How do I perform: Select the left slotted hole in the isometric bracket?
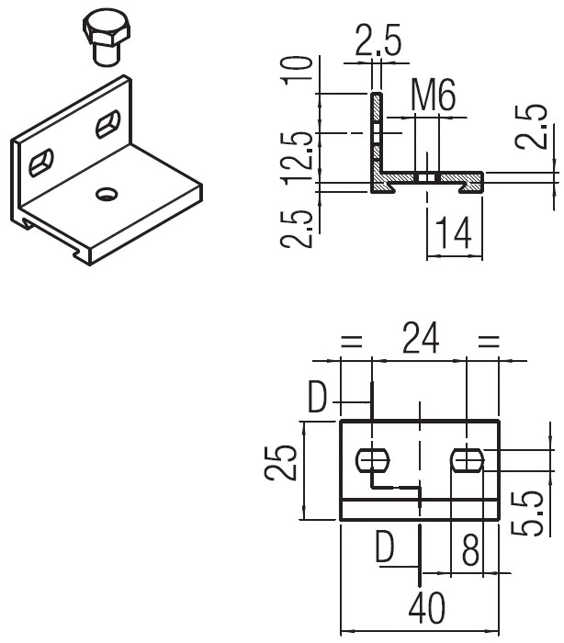tap(42, 163)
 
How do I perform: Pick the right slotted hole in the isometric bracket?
tap(108, 123)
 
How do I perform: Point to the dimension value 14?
tap(454, 234)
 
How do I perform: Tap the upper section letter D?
tap(318, 397)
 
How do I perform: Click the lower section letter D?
tap(384, 549)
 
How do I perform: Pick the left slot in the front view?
tap(371, 458)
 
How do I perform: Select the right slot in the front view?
tap(467, 458)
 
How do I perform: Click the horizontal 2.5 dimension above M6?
tap(378, 43)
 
